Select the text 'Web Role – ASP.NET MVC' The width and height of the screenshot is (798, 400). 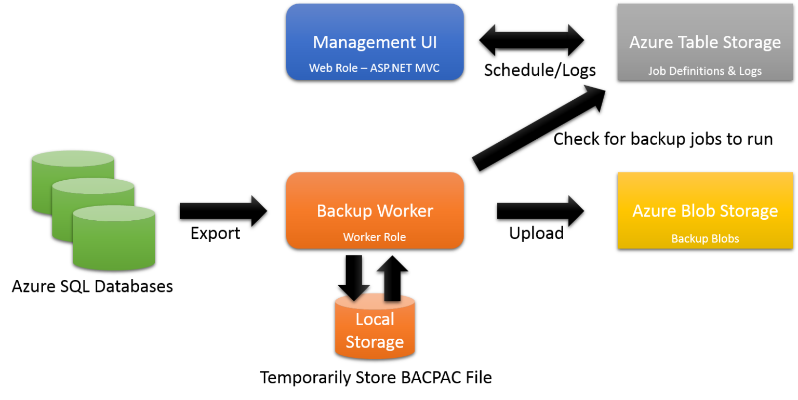point(375,68)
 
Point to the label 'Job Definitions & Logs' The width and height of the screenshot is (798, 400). point(705,71)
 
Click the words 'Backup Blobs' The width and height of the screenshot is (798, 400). point(705,239)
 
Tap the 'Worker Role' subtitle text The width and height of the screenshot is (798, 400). point(375,237)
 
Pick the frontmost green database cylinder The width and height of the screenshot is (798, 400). point(114,242)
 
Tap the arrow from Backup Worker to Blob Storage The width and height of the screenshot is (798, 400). point(539,205)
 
